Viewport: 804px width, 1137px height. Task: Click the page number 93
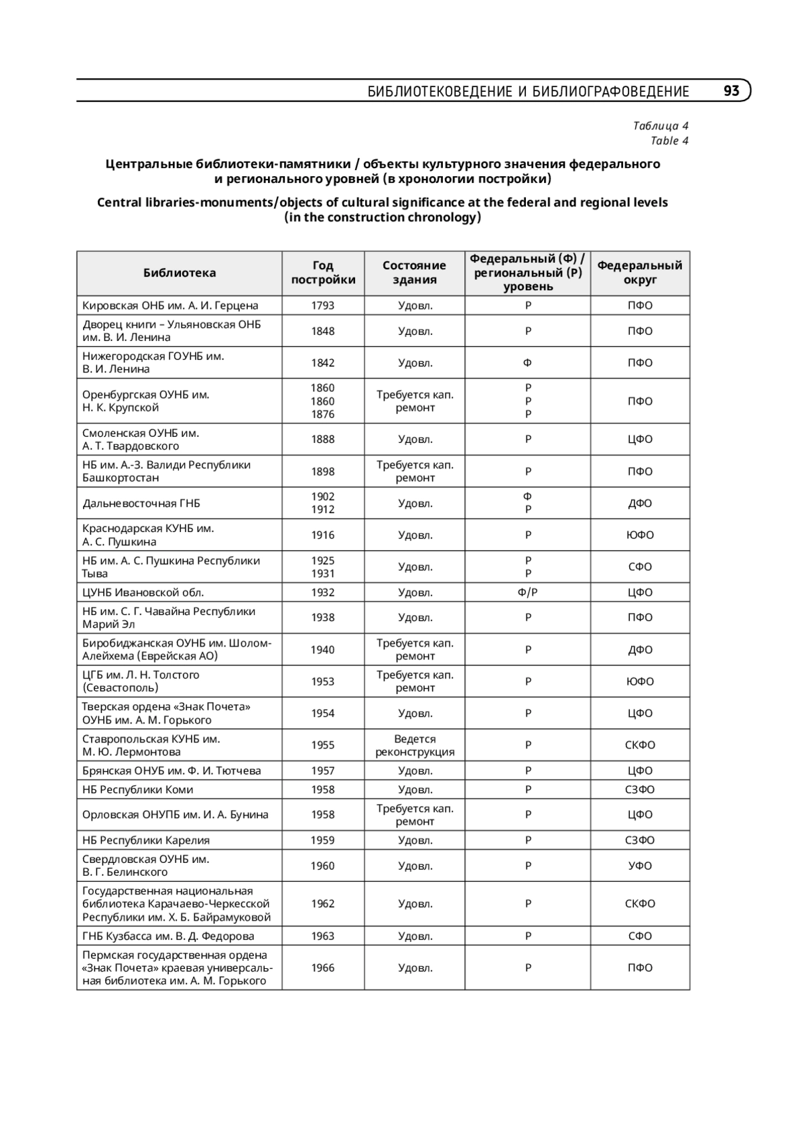pyautogui.click(x=731, y=91)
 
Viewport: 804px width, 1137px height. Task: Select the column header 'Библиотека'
pyautogui.click(x=180, y=273)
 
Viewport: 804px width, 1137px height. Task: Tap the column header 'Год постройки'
pyautogui.click(x=323, y=273)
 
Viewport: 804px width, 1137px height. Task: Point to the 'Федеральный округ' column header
pyautogui.click(x=640, y=273)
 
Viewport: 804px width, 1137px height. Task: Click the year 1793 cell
pyautogui.click(x=323, y=306)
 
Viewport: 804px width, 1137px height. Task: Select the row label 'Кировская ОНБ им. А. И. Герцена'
pyautogui.click(x=170, y=306)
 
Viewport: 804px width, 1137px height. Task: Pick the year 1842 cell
pyautogui.click(x=323, y=362)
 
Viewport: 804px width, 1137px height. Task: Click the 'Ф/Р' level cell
pyautogui.click(x=528, y=592)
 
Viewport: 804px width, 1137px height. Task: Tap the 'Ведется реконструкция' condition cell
pyautogui.click(x=415, y=745)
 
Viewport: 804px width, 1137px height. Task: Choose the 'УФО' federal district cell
pyautogui.click(x=640, y=866)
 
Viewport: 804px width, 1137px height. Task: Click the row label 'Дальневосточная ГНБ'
pyautogui.click(x=141, y=503)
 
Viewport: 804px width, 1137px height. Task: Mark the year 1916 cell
pyautogui.click(x=323, y=535)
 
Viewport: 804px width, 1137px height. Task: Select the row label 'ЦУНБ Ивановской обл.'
pyautogui.click(x=143, y=592)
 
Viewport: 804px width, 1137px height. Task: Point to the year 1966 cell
pyautogui.click(x=323, y=967)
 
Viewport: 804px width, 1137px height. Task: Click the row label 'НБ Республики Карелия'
pyautogui.click(x=146, y=840)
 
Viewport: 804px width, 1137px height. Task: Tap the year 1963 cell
pyautogui.click(x=323, y=936)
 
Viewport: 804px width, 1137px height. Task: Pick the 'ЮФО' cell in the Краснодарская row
pyautogui.click(x=640, y=535)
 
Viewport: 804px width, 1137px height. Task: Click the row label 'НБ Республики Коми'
pyautogui.click(x=138, y=789)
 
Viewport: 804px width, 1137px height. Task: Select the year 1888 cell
pyautogui.click(x=323, y=440)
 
